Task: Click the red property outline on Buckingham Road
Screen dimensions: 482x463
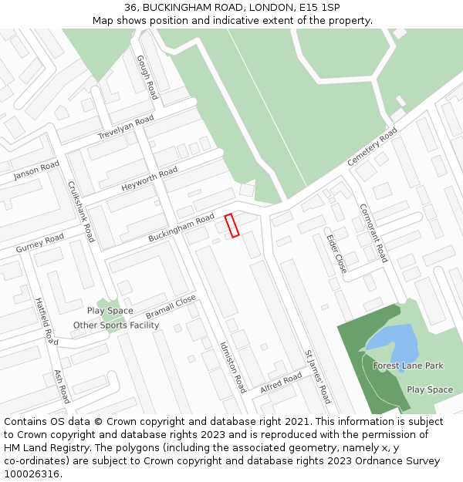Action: click(x=232, y=225)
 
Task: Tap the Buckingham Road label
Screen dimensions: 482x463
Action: click(x=181, y=230)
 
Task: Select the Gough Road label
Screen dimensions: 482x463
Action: click(x=147, y=77)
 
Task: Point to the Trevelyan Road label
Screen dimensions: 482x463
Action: click(x=126, y=127)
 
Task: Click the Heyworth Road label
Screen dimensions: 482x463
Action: click(x=150, y=180)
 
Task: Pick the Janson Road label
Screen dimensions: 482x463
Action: click(x=36, y=172)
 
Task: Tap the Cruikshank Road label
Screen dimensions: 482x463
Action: click(x=81, y=211)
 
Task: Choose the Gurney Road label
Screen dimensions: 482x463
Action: click(x=40, y=244)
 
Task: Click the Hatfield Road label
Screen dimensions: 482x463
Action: click(x=46, y=321)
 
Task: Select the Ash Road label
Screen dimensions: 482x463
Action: click(x=62, y=386)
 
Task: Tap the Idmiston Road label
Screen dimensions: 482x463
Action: click(x=232, y=367)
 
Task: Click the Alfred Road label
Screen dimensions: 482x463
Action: click(x=281, y=383)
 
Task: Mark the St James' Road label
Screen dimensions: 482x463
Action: click(x=318, y=376)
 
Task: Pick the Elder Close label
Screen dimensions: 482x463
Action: click(x=336, y=254)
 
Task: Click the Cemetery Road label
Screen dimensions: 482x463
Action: click(x=372, y=147)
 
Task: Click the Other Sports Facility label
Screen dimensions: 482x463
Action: click(x=116, y=325)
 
